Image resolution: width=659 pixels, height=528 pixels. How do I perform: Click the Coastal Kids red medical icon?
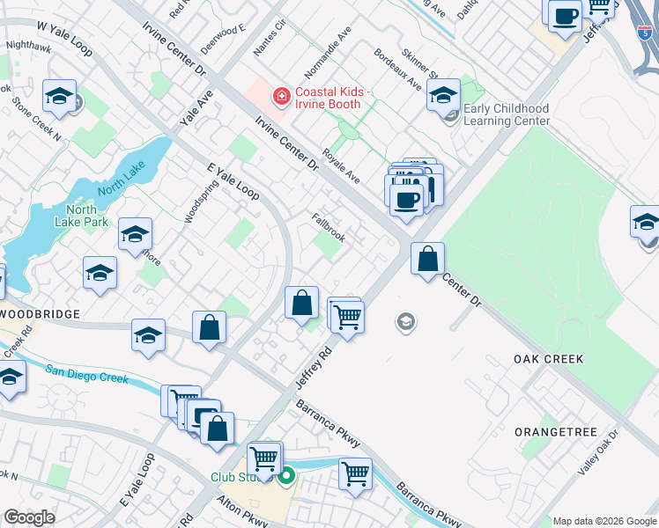pyautogui.click(x=282, y=94)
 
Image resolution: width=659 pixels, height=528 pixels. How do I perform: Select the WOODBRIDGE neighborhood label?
pyautogui.click(x=40, y=313)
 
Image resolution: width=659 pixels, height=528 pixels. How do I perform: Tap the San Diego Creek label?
pyautogui.click(x=87, y=375)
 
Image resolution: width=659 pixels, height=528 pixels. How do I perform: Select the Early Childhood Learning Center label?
pyautogui.click(x=506, y=114)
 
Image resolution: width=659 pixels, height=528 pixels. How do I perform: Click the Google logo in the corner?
pyautogui.click(x=29, y=517)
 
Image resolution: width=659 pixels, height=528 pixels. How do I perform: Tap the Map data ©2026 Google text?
pyautogui.click(x=603, y=521)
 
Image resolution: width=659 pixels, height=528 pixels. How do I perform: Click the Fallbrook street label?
pyautogui.click(x=328, y=228)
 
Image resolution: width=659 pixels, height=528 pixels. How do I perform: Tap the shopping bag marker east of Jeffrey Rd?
pyautogui.click(x=427, y=259)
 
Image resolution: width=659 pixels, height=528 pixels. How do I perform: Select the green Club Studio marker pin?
pyautogui.click(x=286, y=478)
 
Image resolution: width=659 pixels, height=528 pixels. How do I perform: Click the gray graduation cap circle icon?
pyautogui.click(x=405, y=322)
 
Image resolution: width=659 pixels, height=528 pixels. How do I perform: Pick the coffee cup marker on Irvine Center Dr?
pyautogui.click(x=406, y=198)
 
